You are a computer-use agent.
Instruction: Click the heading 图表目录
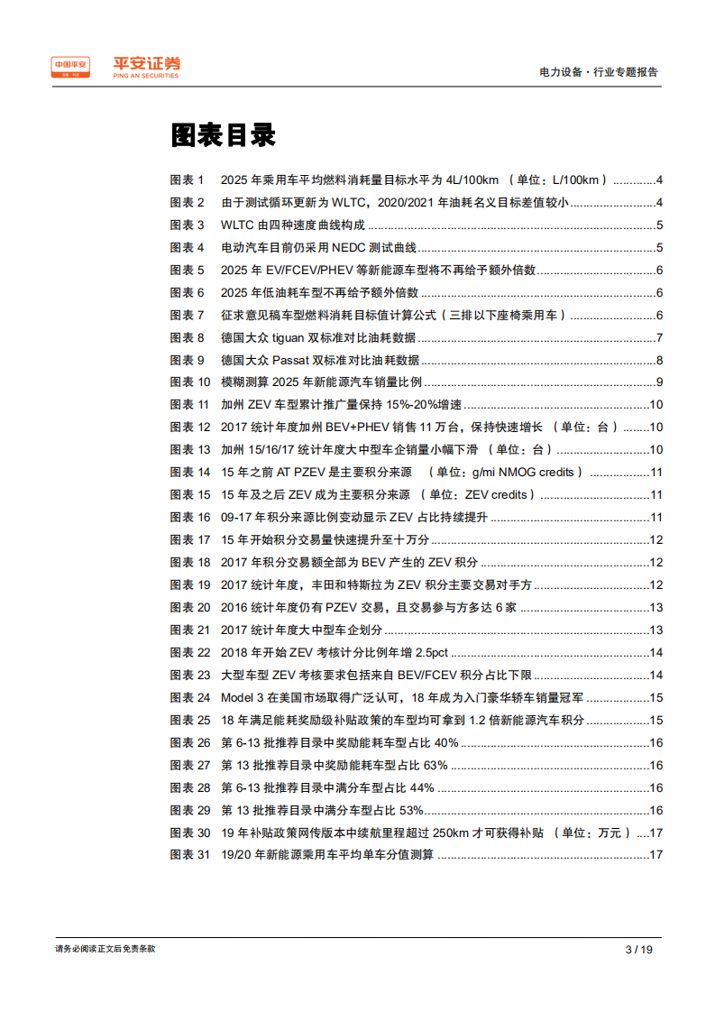coord(223,136)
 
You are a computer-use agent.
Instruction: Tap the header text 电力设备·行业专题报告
coord(598,72)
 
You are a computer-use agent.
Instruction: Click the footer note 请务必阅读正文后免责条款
coord(105,949)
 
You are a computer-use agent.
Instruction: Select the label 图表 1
coord(188,179)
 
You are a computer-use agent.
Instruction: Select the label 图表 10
coord(190,382)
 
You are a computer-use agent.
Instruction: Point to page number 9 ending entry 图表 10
coord(660,382)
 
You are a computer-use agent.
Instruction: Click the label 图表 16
coord(190,518)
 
